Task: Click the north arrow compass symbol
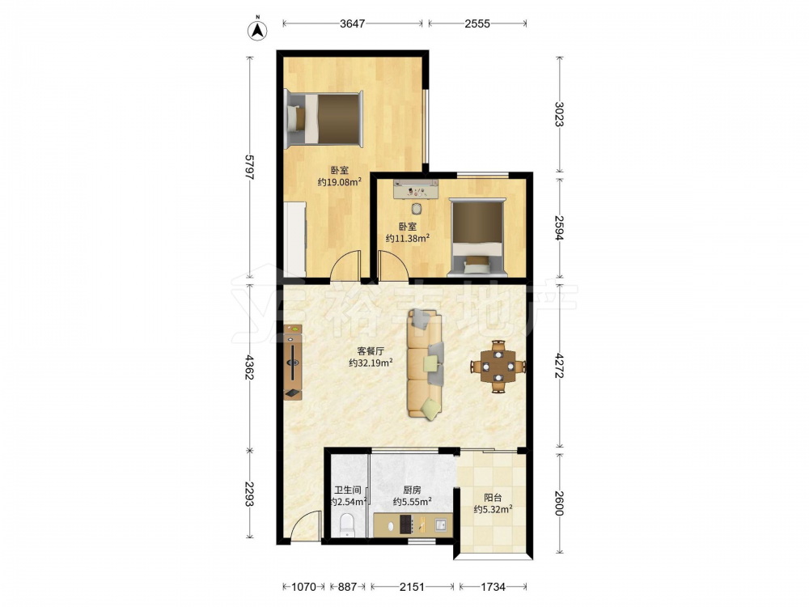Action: pyautogui.click(x=257, y=31)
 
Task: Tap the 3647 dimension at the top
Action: pyautogui.click(x=353, y=23)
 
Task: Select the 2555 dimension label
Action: pyautogui.click(x=477, y=23)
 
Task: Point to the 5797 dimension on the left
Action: pyautogui.click(x=250, y=168)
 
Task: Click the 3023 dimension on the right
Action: pyautogui.click(x=560, y=114)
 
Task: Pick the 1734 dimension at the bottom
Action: pyautogui.click(x=493, y=587)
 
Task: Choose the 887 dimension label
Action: pyautogui.click(x=347, y=587)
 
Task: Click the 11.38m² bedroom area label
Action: pyautogui.click(x=408, y=239)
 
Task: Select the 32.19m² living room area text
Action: pyautogui.click(x=371, y=363)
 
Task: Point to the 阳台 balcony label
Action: pyautogui.click(x=493, y=498)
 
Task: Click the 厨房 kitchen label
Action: pyautogui.click(x=412, y=490)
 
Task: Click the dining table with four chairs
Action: pyautogui.click(x=498, y=367)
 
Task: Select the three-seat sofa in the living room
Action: pyautogui.click(x=426, y=364)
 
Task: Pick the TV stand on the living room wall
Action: pyautogui.click(x=293, y=363)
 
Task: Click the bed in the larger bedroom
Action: pyautogui.click(x=324, y=118)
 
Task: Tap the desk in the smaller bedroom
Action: pyautogui.click(x=415, y=189)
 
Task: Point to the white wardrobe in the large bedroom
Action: pyautogui.click(x=295, y=239)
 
